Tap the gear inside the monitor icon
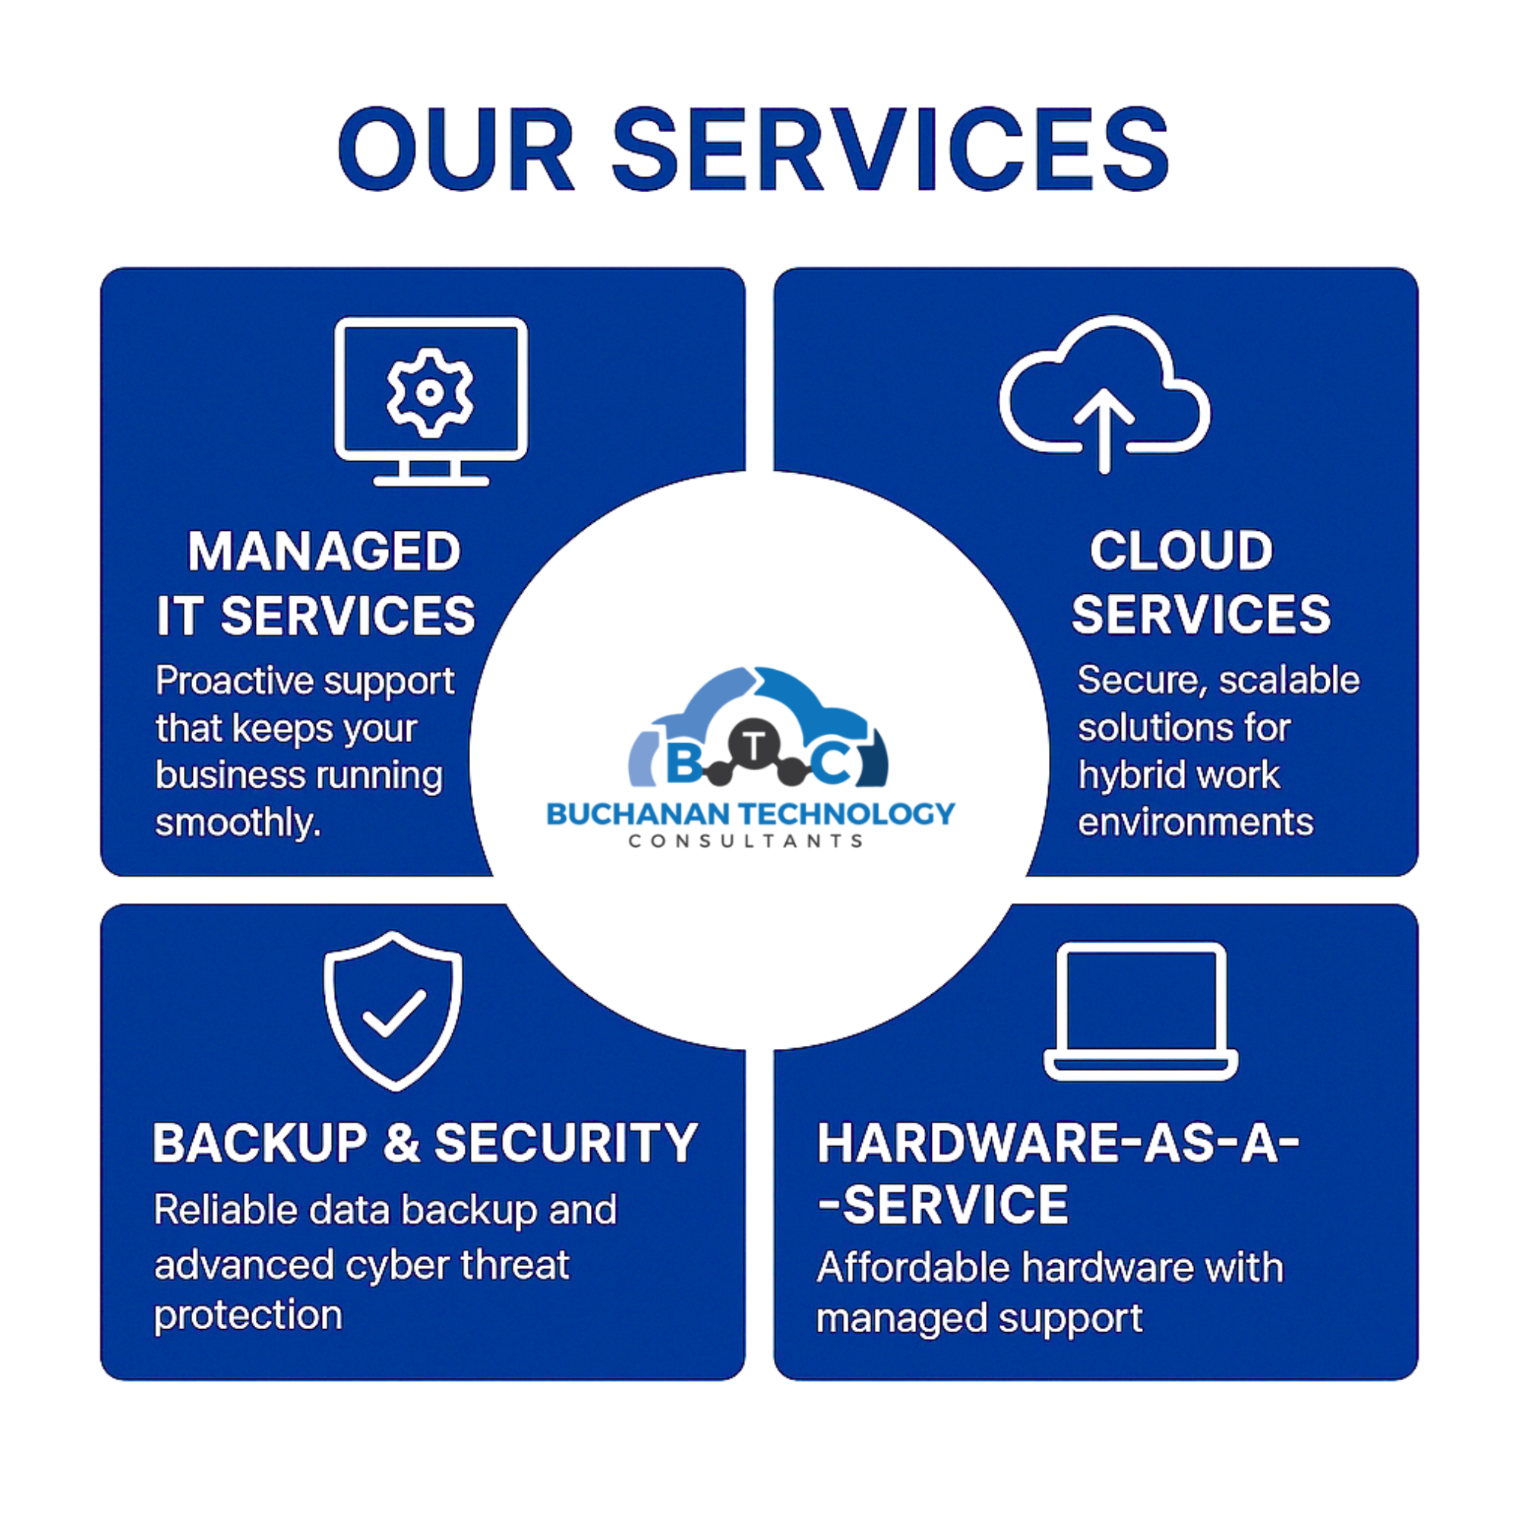(x=430, y=393)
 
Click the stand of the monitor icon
(x=431, y=472)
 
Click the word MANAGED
(x=324, y=552)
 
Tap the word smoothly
(x=238, y=823)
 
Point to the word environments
(x=1195, y=823)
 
